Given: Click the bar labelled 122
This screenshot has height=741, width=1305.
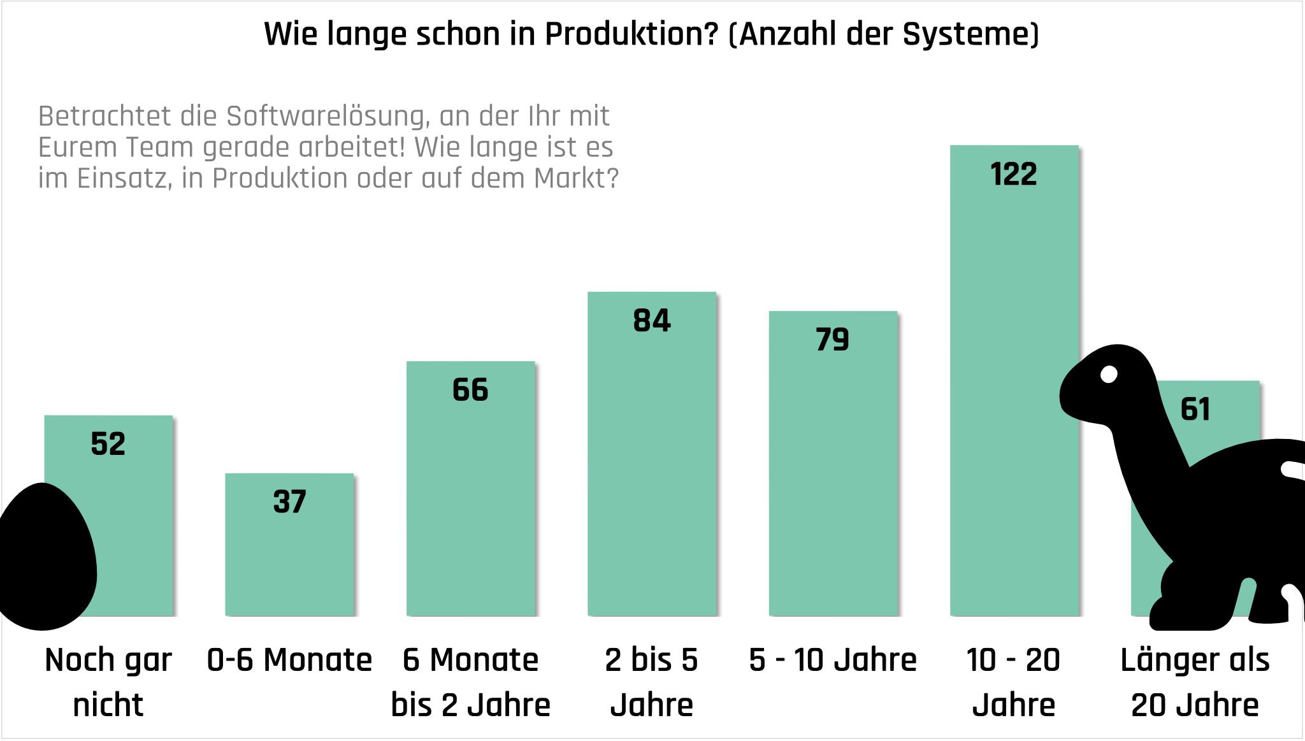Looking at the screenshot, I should [x=1014, y=382].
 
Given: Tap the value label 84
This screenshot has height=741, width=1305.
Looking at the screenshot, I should [x=652, y=320].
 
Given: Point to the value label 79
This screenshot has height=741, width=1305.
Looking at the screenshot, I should [x=832, y=340].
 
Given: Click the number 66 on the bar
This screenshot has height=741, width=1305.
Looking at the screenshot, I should [x=470, y=390].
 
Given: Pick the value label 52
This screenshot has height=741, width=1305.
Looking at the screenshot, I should [x=108, y=444].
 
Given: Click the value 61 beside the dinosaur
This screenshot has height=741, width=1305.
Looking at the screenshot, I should [x=1195, y=409].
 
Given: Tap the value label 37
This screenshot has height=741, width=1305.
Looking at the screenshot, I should [x=289, y=502].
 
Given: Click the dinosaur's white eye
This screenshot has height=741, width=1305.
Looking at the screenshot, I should [x=1109, y=375].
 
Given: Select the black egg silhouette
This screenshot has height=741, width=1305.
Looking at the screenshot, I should [x=45, y=558].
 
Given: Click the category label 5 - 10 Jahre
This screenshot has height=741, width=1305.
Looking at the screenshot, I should [x=832, y=660].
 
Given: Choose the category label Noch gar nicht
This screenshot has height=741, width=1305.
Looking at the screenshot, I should [x=108, y=682].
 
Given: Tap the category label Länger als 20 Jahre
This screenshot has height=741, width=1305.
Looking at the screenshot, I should [x=1195, y=682].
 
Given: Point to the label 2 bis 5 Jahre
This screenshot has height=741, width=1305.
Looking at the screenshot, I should [x=652, y=682].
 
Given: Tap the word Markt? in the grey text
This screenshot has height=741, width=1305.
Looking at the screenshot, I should [x=576, y=179].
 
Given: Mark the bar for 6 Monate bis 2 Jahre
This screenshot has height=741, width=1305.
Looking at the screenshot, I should [x=470, y=510].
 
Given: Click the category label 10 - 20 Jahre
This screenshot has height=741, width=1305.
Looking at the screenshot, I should [x=1014, y=682].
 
